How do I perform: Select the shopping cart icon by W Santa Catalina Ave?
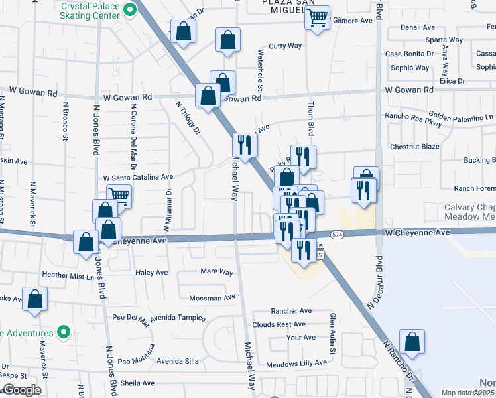119,196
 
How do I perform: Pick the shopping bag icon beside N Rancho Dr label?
412,342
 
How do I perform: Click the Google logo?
22,390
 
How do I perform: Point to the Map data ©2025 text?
468,393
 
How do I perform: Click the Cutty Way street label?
285,46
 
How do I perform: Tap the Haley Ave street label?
151,273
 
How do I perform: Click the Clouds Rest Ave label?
279,324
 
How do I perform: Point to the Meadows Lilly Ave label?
296,363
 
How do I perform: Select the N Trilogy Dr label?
188,117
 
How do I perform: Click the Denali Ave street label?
418,28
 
